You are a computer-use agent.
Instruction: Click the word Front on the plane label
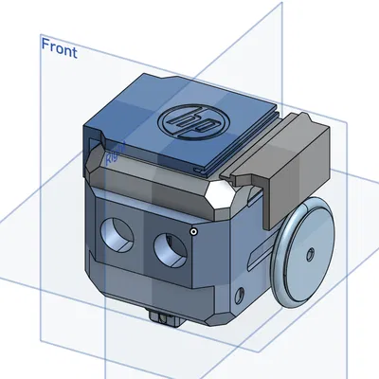59,48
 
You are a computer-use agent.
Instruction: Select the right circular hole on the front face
168,247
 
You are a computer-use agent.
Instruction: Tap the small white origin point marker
193,229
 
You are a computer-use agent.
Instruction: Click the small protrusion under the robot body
165,316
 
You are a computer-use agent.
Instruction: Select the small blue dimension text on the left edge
111,152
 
